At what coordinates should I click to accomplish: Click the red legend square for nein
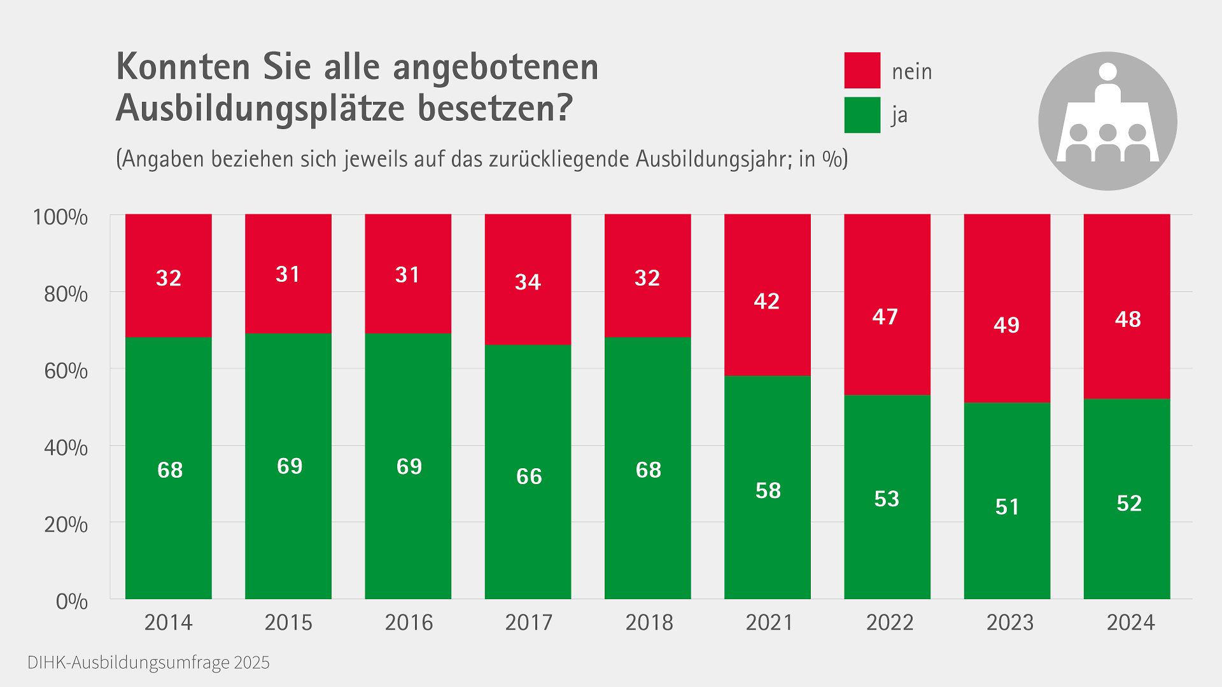(862, 70)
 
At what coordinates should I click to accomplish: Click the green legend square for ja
(862, 114)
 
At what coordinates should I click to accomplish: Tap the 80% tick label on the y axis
(66, 295)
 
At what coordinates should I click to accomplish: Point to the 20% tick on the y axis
(66, 525)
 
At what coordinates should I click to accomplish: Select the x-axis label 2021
(769, 622)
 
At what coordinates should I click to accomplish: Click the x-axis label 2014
(168, 622)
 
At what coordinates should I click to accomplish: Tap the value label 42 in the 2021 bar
(766, 301)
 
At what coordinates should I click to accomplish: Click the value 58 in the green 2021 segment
(768, 490)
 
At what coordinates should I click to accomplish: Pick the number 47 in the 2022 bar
(885, 317)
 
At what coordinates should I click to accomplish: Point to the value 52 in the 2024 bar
(1129, 504)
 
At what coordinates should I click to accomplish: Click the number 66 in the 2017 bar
(528, 476)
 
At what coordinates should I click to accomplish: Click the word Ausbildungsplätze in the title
(260, 108)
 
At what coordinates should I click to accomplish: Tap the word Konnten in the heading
(183, 67)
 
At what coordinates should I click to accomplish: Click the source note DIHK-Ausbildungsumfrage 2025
(148, 663)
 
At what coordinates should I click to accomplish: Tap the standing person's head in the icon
(1107, 72)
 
